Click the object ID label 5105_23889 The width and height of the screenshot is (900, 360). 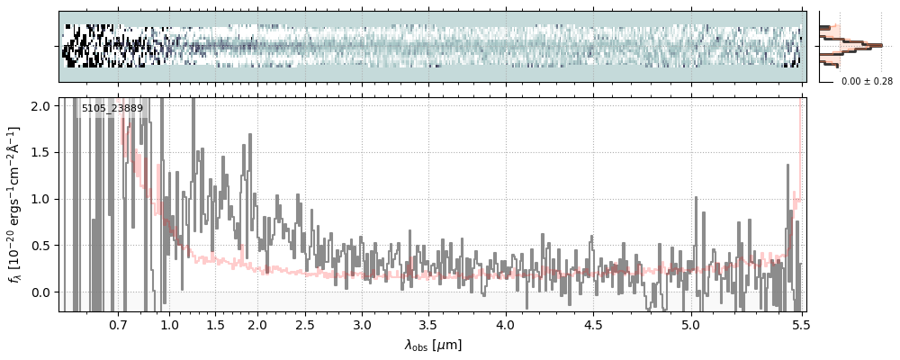pyautogui.click(x=112, y=109)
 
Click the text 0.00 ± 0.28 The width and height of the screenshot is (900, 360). pyautogui.click(x=867, y=82)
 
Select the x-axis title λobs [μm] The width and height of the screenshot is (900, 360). pyautogui.click(x=433, y=345)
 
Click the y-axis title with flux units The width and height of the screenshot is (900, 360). pyautogui.click(x=15, y=204)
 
